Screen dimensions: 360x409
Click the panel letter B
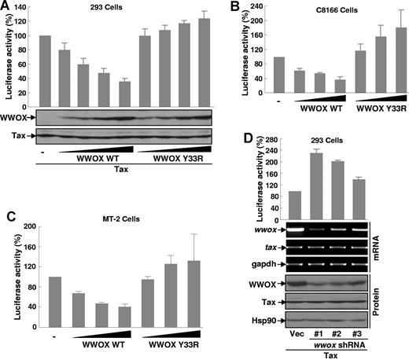click(235, 7)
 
